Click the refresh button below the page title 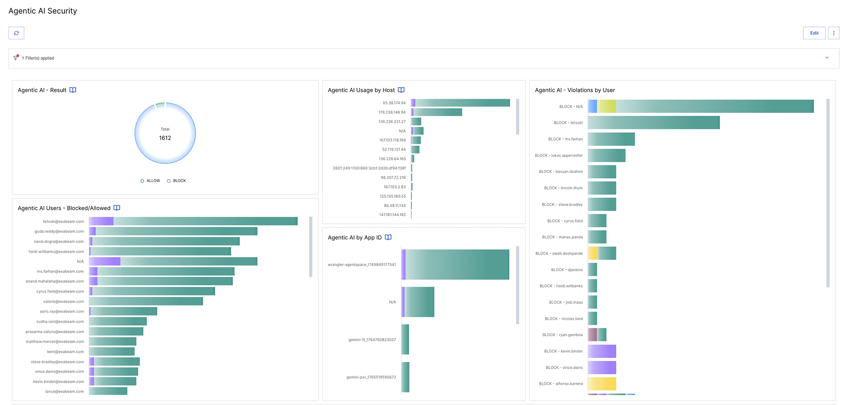[16, 33]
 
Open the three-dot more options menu [834, 33]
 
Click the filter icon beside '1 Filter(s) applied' [16, 58]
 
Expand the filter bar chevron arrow [827, 58]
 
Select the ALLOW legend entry [150, 181]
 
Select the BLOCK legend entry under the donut [177, 181]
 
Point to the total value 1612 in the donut [165, 138]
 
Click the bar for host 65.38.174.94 [460, 103]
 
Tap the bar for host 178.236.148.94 [436, 112]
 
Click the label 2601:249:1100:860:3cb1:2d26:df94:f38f [369, 168]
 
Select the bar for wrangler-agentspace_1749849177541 [455, 264]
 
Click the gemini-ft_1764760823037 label [372, 340]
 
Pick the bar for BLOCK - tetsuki [654, 123]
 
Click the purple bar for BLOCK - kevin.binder [602, 351]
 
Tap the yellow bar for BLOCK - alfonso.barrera [602, 384]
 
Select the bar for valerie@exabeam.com [146, 302]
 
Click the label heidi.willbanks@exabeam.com [56, 252]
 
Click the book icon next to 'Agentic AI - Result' [73, 90]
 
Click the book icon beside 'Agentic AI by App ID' [388, 238]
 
